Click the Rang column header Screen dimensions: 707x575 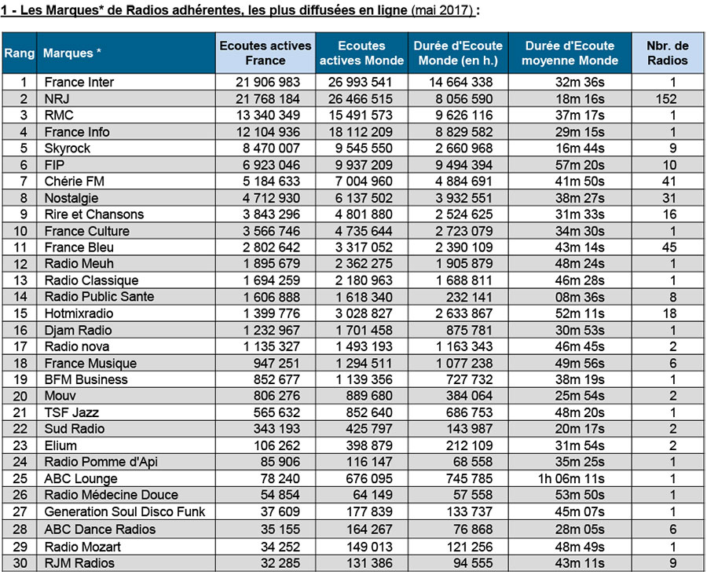point(20,53)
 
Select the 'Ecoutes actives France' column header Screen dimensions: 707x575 point(266,53)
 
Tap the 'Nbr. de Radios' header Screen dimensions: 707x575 point(667,53)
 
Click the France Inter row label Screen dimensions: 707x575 point(79,82)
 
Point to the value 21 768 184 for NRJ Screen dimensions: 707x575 point(268,99)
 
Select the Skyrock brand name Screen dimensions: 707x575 point(68,148)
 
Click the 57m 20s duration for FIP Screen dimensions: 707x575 point(580,165)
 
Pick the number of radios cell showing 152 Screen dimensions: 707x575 point(666,99)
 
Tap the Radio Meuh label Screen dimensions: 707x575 point(79,264)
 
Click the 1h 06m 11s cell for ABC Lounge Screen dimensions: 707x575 point(571,478)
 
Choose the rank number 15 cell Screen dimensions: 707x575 point(20,313)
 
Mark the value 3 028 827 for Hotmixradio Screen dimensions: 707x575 point(364,313)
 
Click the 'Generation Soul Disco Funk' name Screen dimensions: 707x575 point(124,511)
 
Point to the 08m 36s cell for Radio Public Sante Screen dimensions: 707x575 point(580,297)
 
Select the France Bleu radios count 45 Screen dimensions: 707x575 point(669,247)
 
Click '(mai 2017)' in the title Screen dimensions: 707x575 point(442,10)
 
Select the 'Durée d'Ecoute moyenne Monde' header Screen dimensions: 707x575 point(570,53)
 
